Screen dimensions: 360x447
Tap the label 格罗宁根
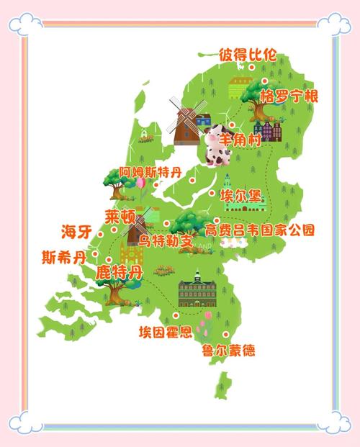click(288, 96)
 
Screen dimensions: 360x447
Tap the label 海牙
click(77, 232)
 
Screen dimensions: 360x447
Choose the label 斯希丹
click(63, 256)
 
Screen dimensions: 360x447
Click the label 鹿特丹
click(119, 272)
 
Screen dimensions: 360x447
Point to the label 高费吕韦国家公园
click(260, 231)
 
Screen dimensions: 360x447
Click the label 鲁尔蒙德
click(228, 351)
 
